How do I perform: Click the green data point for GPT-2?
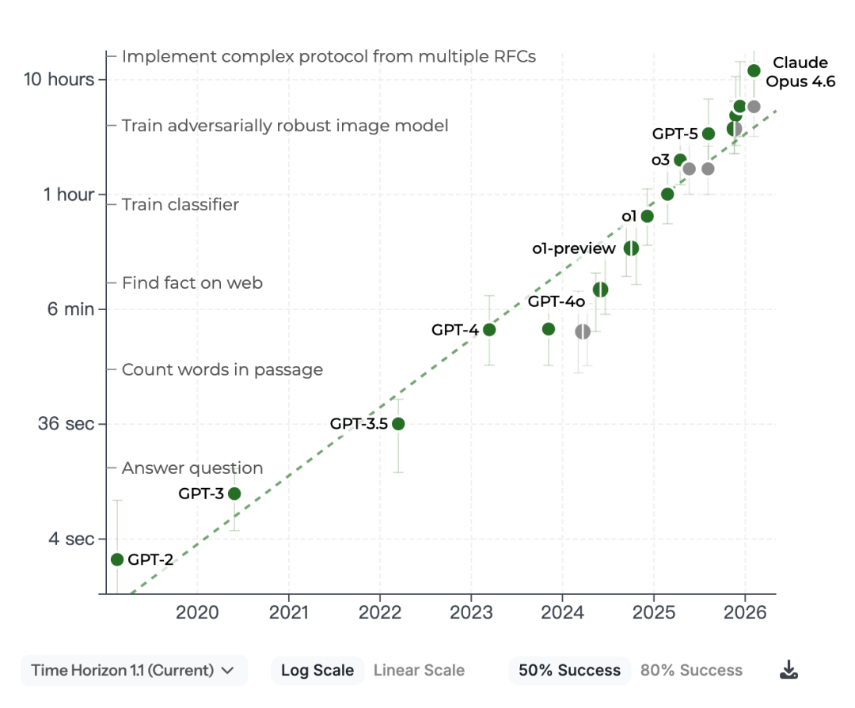[117, 559]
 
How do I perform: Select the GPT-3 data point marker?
[234, 494]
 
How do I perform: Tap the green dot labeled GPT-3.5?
[398, 423]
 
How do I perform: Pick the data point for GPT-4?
[489, 330]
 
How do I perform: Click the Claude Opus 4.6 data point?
[754, 71]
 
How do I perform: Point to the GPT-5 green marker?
[709, 134]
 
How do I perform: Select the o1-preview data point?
[631, 248]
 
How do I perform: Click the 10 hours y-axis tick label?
[59, 80]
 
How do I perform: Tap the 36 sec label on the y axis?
[66, 423]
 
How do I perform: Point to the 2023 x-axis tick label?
[471, 612]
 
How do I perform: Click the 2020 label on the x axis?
[197, 612]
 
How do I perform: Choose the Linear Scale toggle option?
[419, 670]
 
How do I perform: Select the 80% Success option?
[691, 670]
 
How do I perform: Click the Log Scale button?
[317, 670]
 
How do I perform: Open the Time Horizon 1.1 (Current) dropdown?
[134, 670]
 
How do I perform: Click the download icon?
[788, 670]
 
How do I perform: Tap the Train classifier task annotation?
[180, 204]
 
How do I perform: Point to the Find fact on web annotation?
[192, 283]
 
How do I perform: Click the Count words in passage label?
[222, 369]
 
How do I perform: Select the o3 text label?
[660, 160]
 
